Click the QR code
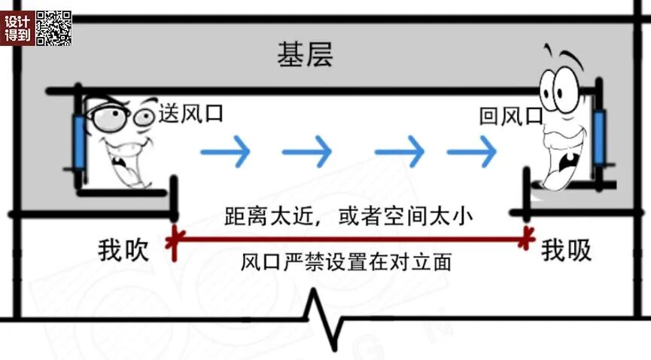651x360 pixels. (53, 28)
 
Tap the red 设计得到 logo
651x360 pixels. (17, 28)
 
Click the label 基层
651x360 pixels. (305, 54)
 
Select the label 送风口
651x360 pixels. (191, 114)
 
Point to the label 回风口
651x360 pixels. (511, 116)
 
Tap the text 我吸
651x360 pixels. (566, 251)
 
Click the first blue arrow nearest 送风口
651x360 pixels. (225, 152)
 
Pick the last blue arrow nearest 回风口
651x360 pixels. (472, 152)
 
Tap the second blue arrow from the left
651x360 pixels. (307, 152)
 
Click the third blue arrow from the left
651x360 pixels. (400, 152)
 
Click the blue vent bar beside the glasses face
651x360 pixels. (79, 141)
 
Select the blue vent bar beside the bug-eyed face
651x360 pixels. (599, 138)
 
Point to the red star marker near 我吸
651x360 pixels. (526, 238)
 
